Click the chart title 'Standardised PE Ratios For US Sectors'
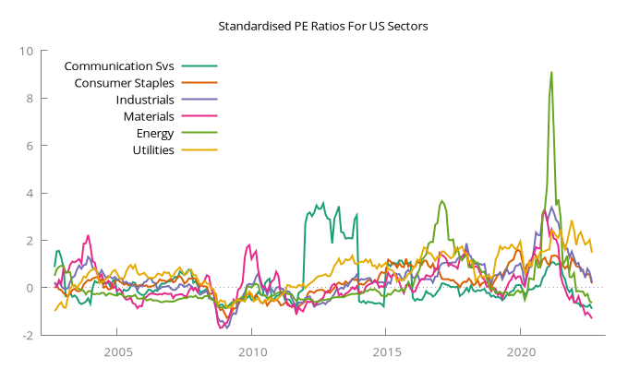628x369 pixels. (323, 26)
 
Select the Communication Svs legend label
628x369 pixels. (120, 66)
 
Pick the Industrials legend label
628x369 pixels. (145, 100)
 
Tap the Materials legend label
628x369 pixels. (149, 116)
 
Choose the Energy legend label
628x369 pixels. (154, 133)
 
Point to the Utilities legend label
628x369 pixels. (153, 149)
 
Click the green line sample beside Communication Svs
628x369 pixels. (199, 66)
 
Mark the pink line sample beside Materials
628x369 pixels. (199, 116)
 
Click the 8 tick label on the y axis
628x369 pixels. (30, 98)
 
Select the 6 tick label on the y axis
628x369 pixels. (30, 146)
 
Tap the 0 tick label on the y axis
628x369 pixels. (30, 288)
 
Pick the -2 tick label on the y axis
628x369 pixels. (27, 336)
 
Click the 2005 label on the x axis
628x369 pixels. (116, 353)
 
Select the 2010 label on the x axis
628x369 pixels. (251, 353)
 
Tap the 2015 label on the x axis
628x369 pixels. (385, 353)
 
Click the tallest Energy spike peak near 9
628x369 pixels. (551, 72)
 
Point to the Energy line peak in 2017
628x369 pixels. (442, 201)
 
